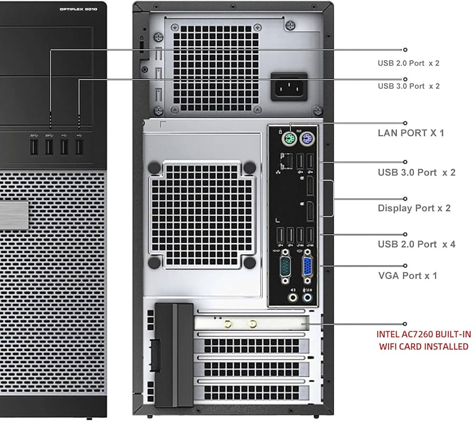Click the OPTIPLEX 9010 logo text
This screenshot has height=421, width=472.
tap(81, 9)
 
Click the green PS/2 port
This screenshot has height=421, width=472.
tap(288, 140)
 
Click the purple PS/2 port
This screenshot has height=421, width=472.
tap(305, 140)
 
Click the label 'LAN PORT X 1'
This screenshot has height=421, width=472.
tap(411, 132)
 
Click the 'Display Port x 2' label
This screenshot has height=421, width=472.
tap(414, 208)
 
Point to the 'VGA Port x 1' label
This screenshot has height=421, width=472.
tap(407, 275)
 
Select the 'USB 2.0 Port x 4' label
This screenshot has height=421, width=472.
tap(416, 244)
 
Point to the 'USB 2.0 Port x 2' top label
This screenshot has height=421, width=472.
tap(408, 63)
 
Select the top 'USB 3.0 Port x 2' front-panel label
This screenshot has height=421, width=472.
tap(408, 85)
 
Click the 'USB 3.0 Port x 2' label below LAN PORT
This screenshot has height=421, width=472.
tap(416, 172)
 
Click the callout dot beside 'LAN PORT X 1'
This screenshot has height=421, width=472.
tap(405, 123)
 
